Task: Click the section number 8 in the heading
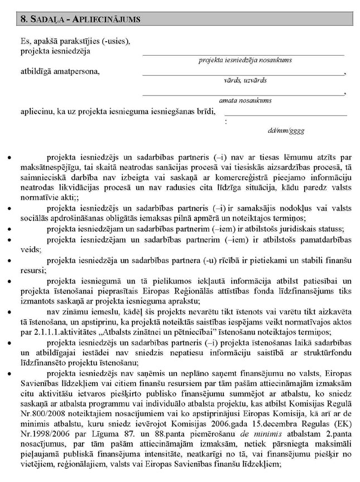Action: click(x=23, y=18)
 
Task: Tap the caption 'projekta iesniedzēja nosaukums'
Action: click(x=245, y=60)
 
